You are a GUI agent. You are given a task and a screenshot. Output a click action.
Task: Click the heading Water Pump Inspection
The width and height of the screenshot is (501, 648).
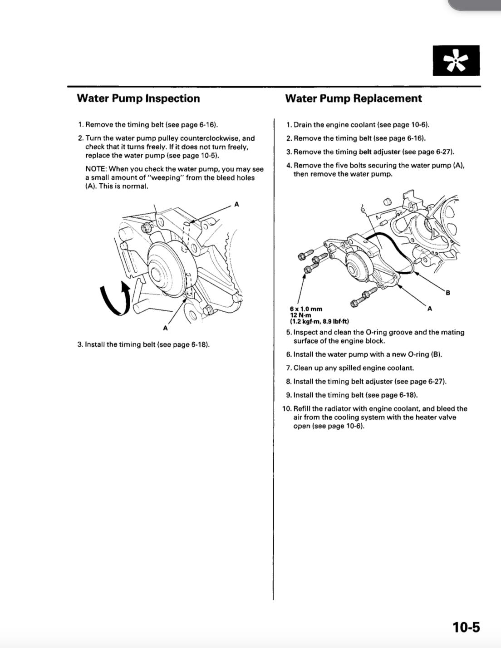(138, 98)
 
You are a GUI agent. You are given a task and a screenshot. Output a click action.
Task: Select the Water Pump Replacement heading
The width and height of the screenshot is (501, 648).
(353, 98)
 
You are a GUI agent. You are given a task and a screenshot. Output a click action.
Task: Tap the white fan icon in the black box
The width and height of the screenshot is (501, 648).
(456, 61)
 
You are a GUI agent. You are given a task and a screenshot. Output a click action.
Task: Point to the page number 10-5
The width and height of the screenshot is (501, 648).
(466, 627)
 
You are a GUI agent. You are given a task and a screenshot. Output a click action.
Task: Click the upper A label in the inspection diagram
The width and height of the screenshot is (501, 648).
(236, 205)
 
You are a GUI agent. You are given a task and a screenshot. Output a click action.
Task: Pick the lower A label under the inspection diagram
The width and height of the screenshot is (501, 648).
(165, 328)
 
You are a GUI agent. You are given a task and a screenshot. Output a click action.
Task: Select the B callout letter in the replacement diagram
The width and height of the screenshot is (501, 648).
(448, 292)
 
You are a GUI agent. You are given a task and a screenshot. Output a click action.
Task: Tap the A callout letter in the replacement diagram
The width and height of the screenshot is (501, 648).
(429, 309)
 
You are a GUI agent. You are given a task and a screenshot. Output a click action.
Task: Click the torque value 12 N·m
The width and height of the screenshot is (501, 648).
(300, 315)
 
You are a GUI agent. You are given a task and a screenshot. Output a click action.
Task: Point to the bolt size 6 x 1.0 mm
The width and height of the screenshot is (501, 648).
(306, 309)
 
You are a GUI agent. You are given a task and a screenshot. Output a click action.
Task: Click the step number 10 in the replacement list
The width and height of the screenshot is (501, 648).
(287, 409)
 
